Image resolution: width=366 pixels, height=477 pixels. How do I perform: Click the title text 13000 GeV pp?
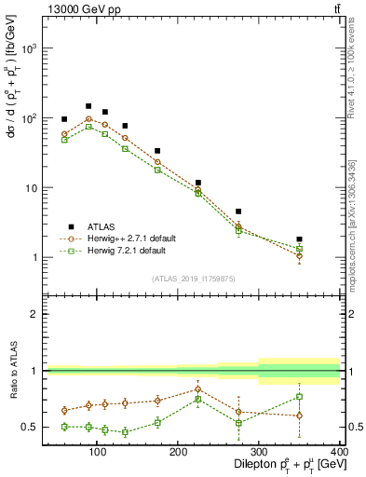80,9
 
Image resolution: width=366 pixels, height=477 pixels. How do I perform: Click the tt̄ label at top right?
335,9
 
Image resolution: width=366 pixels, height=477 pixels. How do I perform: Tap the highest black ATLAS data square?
88,106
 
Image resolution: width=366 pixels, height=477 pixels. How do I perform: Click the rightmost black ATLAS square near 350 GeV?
325,239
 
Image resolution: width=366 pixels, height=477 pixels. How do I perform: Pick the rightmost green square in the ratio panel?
325,397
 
